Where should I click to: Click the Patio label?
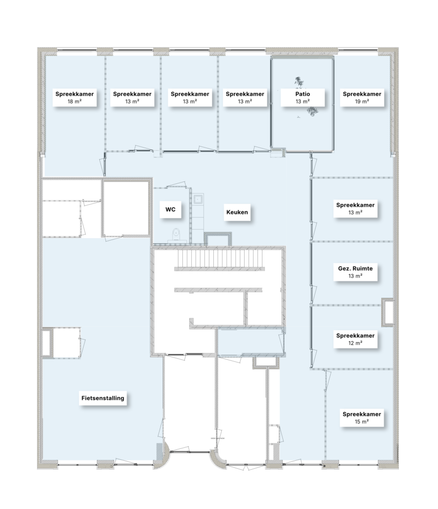tap(302, 97)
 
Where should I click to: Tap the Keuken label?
tap(237, 212)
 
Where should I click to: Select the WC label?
tap(171, 209)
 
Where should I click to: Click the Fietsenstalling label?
tap(102, 398)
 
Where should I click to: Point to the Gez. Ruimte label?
tap(355, 272)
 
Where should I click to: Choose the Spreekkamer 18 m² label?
tap(75, 97)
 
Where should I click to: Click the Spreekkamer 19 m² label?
tap(362, 97)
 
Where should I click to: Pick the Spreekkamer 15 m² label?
tap(362, 418)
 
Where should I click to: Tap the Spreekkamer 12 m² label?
tap(355, 339)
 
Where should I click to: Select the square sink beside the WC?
tap(198, 199)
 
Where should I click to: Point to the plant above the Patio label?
tap(299, 82)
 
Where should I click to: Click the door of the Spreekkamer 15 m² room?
tap(327, 380)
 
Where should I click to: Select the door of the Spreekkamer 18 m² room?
tap(102, 167)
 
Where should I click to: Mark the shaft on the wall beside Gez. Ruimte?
tap(388, 312)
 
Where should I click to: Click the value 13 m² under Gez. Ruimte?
tap(355, 276)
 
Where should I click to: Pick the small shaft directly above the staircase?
tap(218, 239)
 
